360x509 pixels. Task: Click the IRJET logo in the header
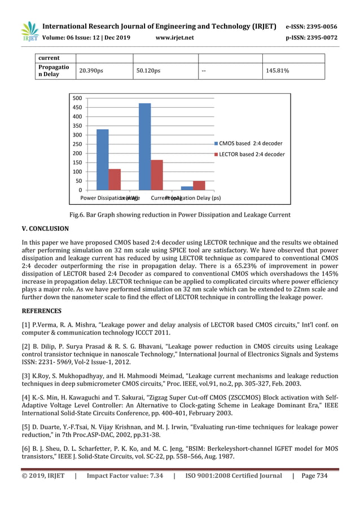click(29, 32)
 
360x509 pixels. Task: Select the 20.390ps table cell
click(90, 71)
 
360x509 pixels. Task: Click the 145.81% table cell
click(278, 71)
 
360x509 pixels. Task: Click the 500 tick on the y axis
click(77, 98)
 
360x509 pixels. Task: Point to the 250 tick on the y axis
click(77, 144)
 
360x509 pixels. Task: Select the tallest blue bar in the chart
click(144, 147)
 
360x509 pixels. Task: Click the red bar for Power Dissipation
click(115, 179)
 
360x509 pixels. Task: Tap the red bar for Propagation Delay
click(199, 186)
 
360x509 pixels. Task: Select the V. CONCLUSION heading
click(45, 229)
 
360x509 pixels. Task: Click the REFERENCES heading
click(42, 310)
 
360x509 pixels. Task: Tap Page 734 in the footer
click(314, 476)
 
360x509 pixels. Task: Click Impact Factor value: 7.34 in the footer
click(125, 476)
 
